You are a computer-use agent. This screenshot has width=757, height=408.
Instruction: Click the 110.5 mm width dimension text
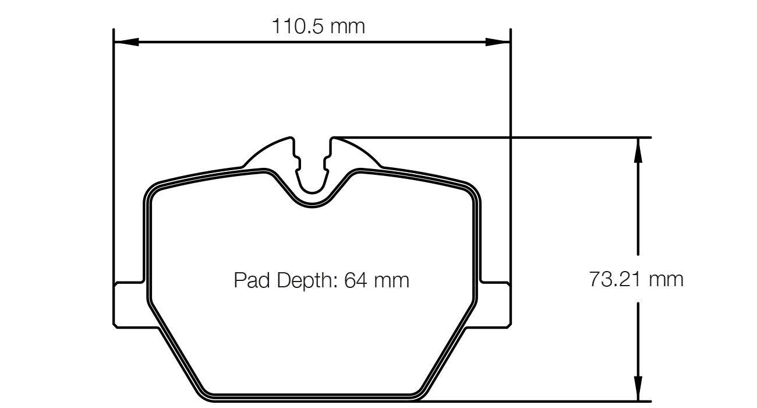(x=318, y=26)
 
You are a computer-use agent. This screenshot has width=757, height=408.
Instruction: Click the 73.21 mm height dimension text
(x=636, y=280)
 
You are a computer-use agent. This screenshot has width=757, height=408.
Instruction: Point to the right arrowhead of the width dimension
(x=498, y=42)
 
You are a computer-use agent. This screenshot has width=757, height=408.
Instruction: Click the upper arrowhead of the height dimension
(x=639, y=150)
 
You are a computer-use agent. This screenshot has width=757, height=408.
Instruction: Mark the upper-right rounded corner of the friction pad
(x=473, y=190)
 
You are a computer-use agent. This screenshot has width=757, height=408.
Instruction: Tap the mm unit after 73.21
(x=667, y=280)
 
